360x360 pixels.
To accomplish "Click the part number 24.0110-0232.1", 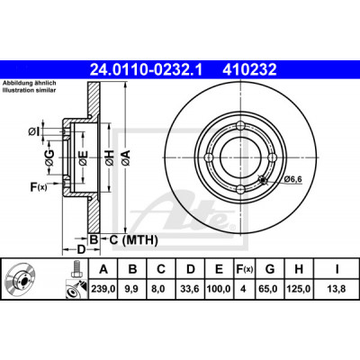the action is click(147, 69).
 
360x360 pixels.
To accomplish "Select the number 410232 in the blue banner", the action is click(249, 69).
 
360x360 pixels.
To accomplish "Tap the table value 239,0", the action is click(103, 289).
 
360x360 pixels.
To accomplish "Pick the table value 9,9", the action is click(132, 289).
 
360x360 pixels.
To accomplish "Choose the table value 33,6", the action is click(191, 289).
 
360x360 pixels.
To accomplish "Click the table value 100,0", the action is click(219, 289).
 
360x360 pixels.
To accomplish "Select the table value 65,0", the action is click(270, 289).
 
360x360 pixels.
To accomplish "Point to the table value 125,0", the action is click(299, 289).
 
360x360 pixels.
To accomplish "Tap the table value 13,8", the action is click(337, 289).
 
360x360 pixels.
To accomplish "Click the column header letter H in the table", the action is click(299, 269).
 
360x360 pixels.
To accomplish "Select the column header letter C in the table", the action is click(161, 269).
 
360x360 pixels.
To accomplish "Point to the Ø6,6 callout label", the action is click(292, 179).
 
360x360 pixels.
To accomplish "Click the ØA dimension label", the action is click(126, 157).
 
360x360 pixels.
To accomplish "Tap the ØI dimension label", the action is click(34, 131).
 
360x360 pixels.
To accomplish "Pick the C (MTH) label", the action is click(133, 240).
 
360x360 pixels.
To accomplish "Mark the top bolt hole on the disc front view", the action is click(241, 125).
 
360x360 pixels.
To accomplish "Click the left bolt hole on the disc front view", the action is click(209, 157).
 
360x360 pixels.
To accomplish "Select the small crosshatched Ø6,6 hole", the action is click(263, 180).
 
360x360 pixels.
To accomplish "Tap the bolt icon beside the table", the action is click(76, 269).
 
